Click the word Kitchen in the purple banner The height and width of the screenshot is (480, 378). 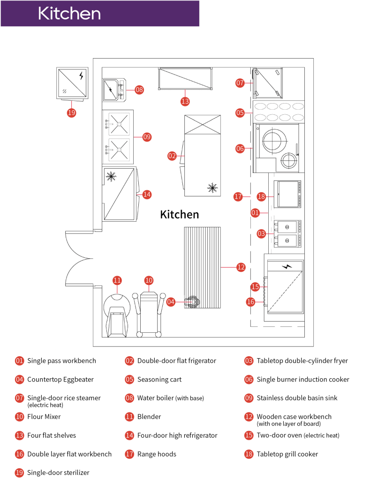pyautogui.click(x=69, y=13)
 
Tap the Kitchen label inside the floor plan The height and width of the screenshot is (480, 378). pyautogui.click(x=180, y=214)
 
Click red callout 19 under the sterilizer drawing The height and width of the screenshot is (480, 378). pyautogui.click(x=71, y=112)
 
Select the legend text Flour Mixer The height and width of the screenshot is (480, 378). pyautogui.click(x=44, y=416)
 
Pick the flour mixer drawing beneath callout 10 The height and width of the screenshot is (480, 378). pyautogui.click(x=149, y=312)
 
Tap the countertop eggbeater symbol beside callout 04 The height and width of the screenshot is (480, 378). pyautogui.click(x=192, y=302)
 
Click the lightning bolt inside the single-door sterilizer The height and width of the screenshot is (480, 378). pyautogui.click(x=82, y=75)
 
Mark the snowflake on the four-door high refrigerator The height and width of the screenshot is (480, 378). pyautogui.click(x=111, y=176)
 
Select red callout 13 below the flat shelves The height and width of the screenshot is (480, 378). pyautogui.click(x=185, y=101)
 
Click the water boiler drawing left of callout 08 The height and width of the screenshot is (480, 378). pyautogui.click(x=113, y=90)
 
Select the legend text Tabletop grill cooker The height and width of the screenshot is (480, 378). pyautogui.click(x=287, y=454)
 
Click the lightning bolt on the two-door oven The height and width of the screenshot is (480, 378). pyautogui.click(x=287, y=266)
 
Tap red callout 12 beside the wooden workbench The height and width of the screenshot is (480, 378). pyautogui.click(x=241, y=267)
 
